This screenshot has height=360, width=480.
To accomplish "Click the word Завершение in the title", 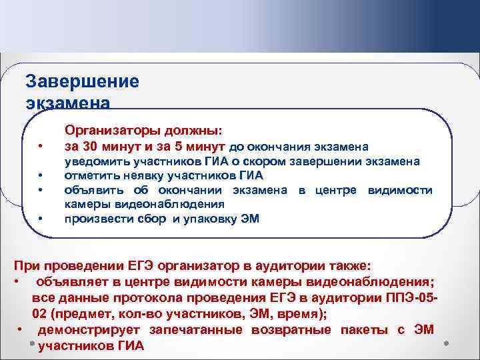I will click(x=82, y=81).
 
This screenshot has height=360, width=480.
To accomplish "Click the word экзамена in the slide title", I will click(x=67, y=103).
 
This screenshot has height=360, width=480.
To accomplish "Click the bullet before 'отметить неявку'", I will click(x=41, y=177).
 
